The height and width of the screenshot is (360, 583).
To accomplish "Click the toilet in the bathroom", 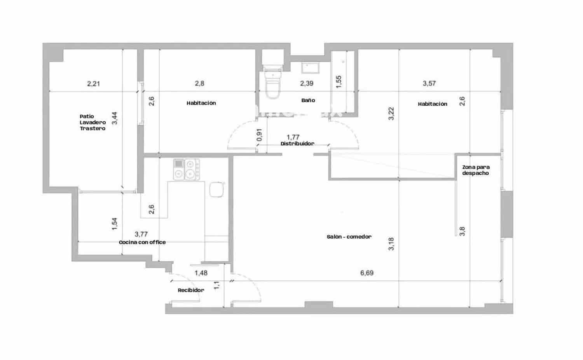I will coord(272,84).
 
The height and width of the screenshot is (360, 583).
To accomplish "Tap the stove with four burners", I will coord(187,170).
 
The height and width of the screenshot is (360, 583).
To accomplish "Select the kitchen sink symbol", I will coord(216,190).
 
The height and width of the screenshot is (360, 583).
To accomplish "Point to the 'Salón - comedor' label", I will coord(349,236).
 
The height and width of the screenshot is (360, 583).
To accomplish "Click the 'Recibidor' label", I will coord(190,290).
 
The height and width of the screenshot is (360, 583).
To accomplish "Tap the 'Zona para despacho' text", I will coord(476,170).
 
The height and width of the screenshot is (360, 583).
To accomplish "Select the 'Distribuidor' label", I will coord(297,143).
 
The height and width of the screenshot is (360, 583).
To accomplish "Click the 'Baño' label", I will coord(308,100).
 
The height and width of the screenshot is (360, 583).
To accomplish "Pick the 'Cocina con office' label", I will coord(142,242).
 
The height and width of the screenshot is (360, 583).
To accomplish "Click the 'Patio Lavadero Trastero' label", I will coord(93,122).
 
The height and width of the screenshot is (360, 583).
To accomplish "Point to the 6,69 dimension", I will coord(367,273).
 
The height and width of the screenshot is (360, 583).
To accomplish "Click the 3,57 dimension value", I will coord(429,83).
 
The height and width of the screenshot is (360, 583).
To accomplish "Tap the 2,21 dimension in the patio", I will coord(93,83).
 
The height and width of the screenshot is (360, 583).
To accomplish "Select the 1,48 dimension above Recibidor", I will coord(201,273).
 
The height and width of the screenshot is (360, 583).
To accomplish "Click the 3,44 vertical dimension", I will coord(114,118).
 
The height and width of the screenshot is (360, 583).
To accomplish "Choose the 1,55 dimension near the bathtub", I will coord(339,81).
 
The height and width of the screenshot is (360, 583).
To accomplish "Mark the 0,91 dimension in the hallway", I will coord(260,135).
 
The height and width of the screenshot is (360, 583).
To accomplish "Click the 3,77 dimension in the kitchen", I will coord(141,234).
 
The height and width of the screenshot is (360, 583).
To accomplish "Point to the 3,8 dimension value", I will coord(462,231).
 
